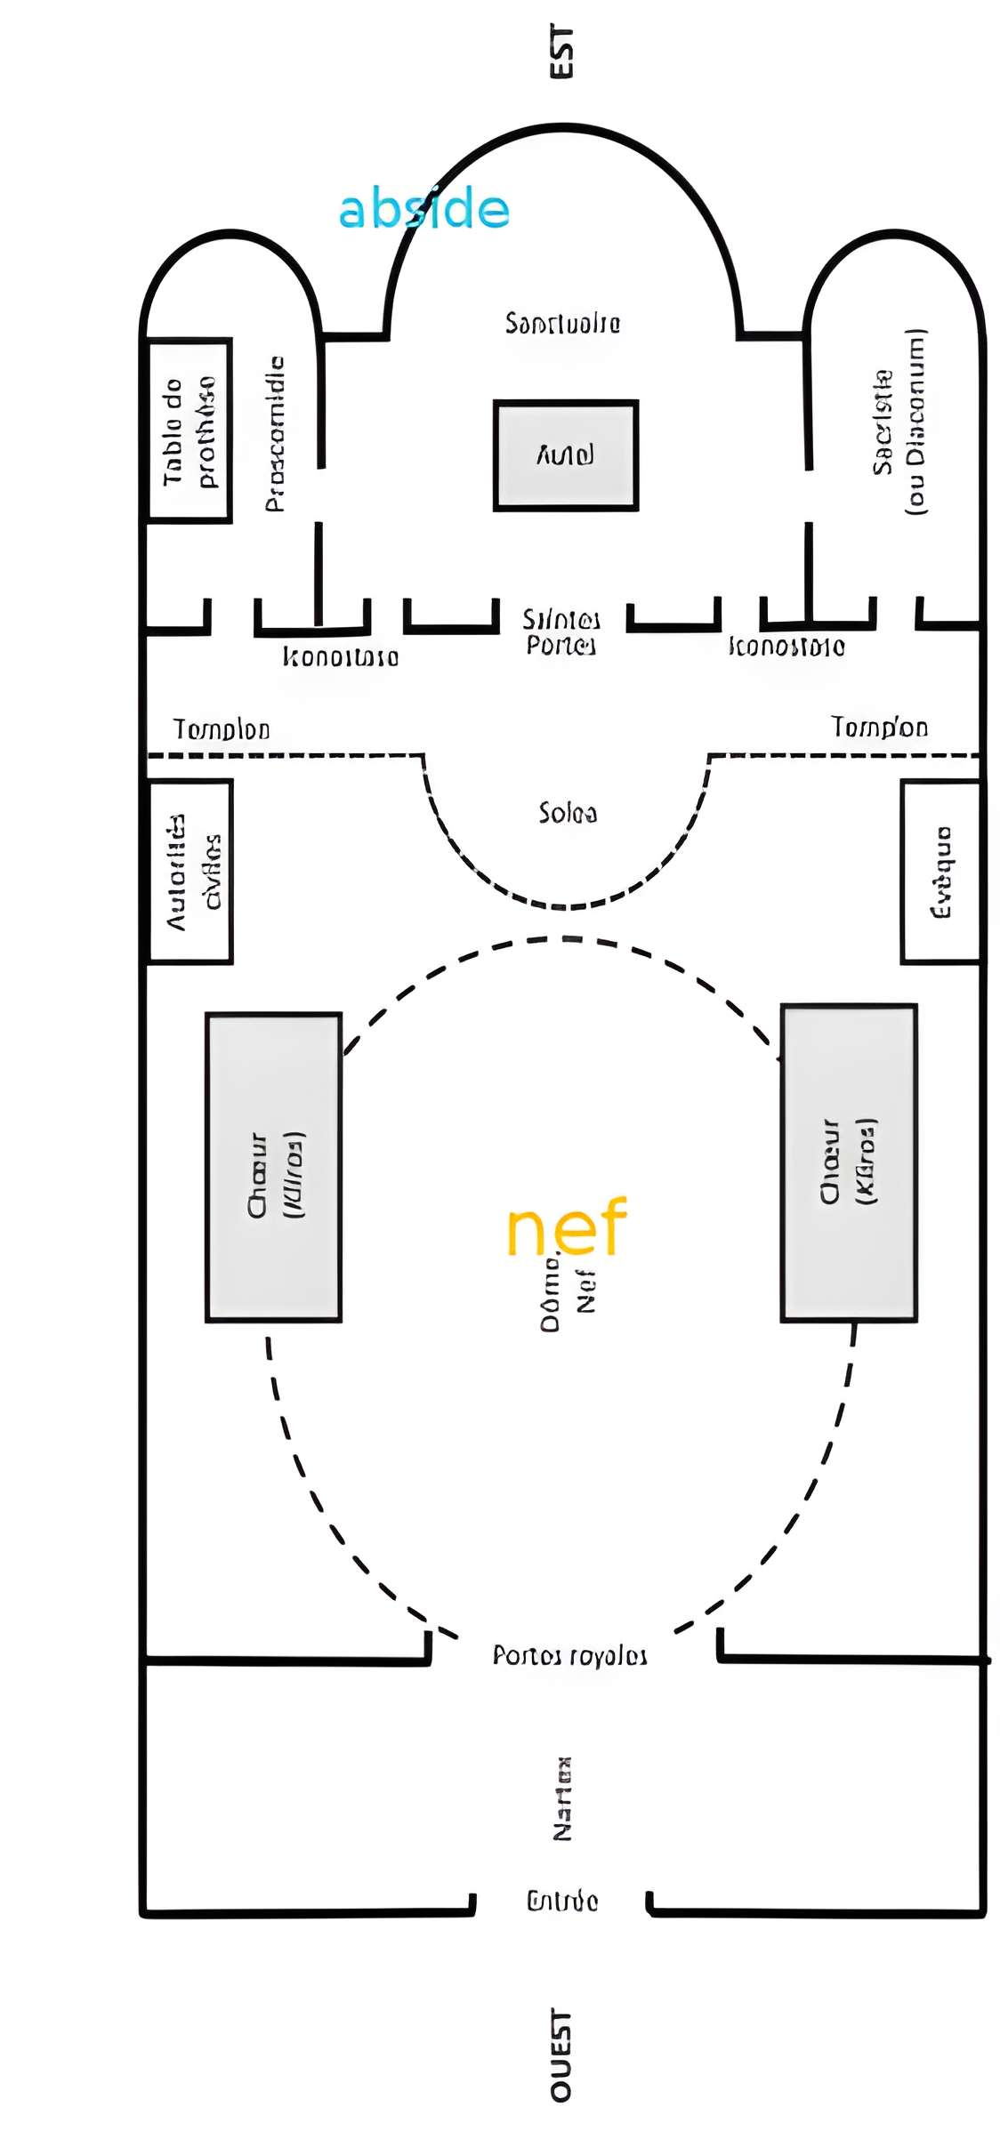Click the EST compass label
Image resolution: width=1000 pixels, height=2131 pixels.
[561, 52]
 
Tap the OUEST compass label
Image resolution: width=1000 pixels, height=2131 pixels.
[561, 2055]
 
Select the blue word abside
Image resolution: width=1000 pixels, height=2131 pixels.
[423, 210]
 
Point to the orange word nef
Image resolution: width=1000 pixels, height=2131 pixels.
[567, 1227]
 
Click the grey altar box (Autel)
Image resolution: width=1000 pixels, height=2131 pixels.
[566, 455]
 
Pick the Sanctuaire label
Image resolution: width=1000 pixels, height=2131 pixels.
[562, 323]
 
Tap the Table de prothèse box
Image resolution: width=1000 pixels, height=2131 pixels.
[190, 430]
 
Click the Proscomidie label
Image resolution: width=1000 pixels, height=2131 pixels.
[275, 434]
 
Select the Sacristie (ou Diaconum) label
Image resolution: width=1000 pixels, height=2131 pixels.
[899, 422]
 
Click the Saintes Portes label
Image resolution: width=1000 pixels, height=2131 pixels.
[560, 631]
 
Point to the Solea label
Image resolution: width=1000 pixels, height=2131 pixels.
[568, 813]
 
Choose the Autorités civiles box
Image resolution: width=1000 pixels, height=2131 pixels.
[191, 872]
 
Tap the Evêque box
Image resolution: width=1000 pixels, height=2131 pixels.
[940, 872]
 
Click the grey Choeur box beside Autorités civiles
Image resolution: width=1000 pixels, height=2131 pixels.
[274, 1167]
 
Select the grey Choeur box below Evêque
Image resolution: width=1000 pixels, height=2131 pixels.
[849, 1162]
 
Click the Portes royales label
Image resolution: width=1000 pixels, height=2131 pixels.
[569, 1655]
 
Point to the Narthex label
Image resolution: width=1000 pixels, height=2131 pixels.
[562, 1798]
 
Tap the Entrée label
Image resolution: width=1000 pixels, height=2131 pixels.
[562, 1902]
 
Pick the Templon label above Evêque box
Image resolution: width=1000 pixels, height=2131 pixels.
[879, 728]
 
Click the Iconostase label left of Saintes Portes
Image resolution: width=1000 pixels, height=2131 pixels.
[341, 657]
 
